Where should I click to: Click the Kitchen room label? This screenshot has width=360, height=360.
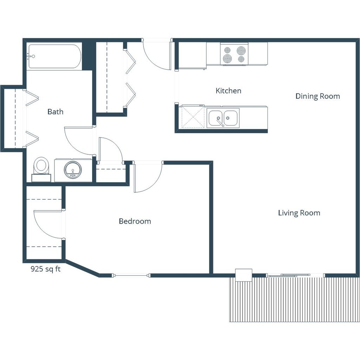228,91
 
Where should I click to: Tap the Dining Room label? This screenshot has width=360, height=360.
317,96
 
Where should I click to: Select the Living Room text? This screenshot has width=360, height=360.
299,213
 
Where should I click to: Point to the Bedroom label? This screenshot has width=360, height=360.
135,221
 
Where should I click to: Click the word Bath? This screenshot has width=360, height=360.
55,111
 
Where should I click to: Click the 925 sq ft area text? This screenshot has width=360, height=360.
45,269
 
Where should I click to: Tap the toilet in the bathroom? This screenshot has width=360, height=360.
41,167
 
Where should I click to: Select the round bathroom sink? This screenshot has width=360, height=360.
73,169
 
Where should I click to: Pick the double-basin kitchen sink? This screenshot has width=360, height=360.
223,118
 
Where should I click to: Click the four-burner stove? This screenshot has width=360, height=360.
234,54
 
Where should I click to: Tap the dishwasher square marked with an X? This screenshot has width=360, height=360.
192,118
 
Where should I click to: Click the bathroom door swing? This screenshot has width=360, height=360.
79,141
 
